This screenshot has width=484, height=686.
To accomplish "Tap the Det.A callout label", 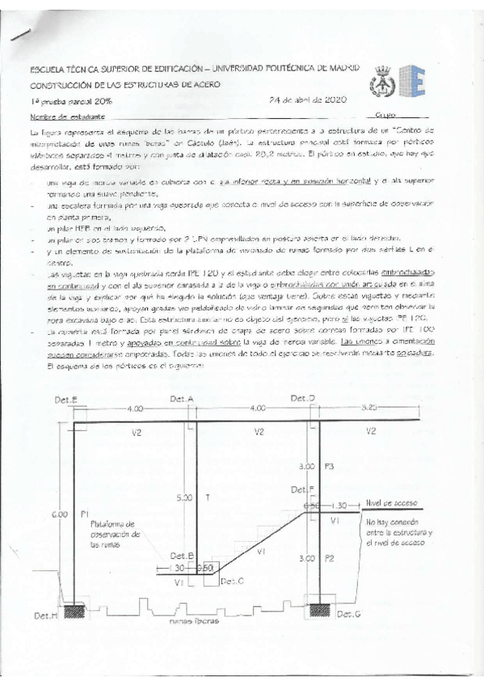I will (182, 399).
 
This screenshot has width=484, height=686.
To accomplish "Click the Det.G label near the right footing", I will (349, 615).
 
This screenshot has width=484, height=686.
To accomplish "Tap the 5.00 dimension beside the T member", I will (183, 498).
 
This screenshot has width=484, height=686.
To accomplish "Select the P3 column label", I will (327, 467).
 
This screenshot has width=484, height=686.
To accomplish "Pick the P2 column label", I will (327, 558).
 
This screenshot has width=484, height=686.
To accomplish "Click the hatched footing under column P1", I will (78, 608).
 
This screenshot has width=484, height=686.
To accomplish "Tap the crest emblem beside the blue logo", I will (380, 79).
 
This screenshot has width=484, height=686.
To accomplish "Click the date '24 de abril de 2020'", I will (307, 100).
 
